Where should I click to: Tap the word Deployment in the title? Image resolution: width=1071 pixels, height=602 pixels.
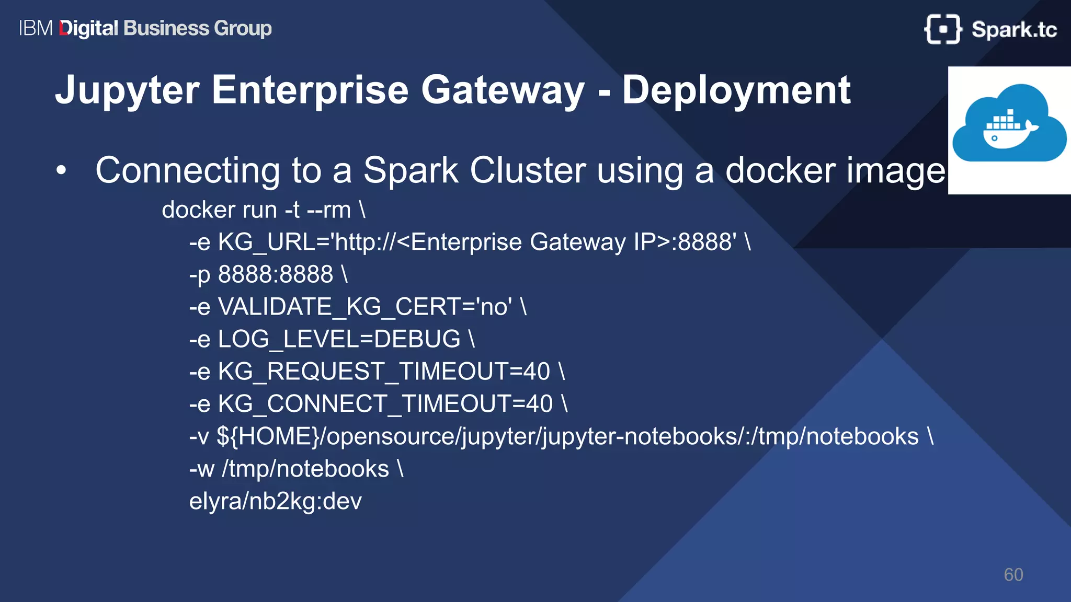(x=736, y=91)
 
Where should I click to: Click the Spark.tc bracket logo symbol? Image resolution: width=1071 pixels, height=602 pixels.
(x=942, y=29)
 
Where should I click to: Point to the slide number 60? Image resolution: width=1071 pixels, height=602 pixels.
(x=1013, y=575)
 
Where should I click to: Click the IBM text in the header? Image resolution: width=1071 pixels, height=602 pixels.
(x=36, y=28)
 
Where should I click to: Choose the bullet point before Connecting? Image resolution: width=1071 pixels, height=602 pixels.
(x=62, y=170)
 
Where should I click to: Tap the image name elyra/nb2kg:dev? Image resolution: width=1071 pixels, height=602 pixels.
(x=275, y=501)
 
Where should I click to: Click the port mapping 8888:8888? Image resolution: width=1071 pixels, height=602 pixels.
(x=275, y=274)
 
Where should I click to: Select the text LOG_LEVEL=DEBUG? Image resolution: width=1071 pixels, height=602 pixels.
(x=339, y=339)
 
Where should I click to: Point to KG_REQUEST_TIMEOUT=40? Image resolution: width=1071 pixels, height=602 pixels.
(x=384, y=372)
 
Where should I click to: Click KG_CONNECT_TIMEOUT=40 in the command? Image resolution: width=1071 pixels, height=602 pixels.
(x=385, y=404)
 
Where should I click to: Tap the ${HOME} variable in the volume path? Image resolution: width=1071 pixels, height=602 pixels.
(x=270, y=436)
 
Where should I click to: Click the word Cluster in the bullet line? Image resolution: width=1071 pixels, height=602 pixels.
(x=527, y=170)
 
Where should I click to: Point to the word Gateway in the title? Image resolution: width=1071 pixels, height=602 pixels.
(x=503, y=91)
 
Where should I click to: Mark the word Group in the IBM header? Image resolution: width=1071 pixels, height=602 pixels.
(x=243, y=28)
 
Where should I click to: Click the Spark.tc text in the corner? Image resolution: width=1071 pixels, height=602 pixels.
(x=1014, y=30)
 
